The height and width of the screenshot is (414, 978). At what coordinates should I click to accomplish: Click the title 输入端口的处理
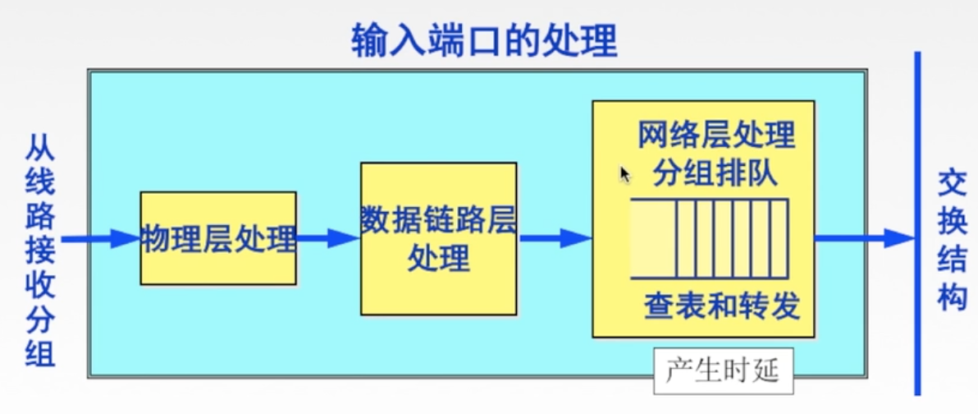(484, 39)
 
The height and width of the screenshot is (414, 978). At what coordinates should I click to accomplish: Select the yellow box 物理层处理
(217, 238)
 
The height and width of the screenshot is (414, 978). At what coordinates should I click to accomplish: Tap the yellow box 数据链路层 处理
(438, 238)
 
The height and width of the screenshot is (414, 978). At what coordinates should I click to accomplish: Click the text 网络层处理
(715, 134)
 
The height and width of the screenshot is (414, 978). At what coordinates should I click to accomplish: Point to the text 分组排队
(715, 173)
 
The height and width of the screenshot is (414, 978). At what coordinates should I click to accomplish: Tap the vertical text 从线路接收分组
(39, 251)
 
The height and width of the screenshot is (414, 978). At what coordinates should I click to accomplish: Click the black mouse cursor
(624, 174)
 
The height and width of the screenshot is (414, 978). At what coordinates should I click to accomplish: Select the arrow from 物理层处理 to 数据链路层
(327, 238)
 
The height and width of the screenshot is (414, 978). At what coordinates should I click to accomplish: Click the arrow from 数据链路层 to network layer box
(554, 238)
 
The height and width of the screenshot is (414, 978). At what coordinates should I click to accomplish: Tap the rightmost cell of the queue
(779, 238)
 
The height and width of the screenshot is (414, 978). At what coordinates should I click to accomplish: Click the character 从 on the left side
(39, 150)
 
